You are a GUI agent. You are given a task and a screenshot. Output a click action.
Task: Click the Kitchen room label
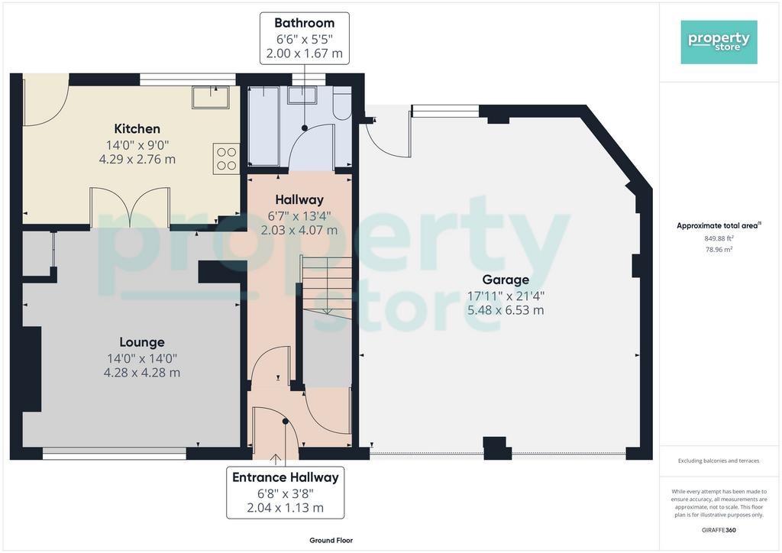point(137,128)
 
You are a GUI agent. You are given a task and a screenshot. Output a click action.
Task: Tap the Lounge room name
point(142,342)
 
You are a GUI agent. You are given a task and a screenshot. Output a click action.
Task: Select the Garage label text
point(506,280)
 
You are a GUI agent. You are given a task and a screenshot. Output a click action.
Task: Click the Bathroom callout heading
point(304,23)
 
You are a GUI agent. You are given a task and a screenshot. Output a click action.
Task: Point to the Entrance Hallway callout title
point(286,477)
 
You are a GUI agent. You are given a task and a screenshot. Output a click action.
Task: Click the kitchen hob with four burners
point(226,159)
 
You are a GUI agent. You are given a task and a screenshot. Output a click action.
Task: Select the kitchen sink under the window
point(211,97)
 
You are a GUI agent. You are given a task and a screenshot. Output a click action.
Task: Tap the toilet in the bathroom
point(342,102)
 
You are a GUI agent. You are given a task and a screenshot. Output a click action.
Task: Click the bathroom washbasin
point(302,95)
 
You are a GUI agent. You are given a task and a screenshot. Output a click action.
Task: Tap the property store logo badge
point(719,42)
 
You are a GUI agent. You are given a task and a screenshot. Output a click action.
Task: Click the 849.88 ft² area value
point(719,238)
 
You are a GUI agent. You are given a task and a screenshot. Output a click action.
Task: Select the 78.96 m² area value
point(719,249)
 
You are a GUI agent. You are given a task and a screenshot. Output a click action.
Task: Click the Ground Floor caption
point(331,540)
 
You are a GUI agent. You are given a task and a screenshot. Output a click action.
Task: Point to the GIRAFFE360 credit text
point(718,530)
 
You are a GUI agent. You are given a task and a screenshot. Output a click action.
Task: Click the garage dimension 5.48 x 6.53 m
point(506,310)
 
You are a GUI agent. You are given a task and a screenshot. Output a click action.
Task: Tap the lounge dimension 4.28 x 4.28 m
point(142,373)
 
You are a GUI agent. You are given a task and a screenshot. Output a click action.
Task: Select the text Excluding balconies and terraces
point(718,461)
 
